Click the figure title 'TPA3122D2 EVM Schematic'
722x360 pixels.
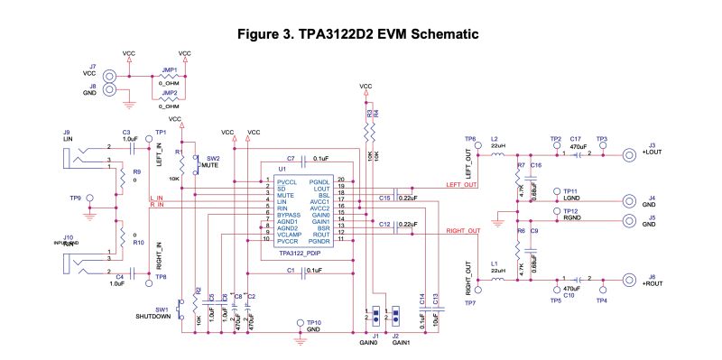[x=361, y=33]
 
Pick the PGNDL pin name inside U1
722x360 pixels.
[x=319, y=181]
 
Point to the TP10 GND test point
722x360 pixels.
[x=301, y=324]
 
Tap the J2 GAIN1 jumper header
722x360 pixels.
[x=394, y=317]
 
